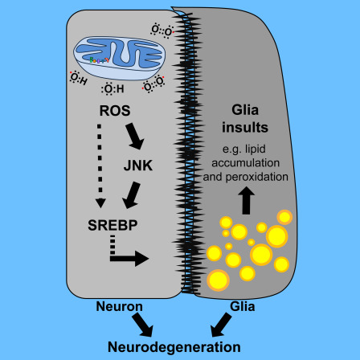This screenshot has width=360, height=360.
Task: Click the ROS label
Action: (x=115, y=111)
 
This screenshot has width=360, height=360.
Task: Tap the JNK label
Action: (x=138, y=166)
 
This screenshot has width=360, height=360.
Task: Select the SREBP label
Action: (x=112, y=225)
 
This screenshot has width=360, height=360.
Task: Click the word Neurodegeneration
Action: (x=174, y=347)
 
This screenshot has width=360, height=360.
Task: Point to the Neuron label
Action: (x=119, y=306)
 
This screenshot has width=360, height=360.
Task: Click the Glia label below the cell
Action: (x=243, y=306)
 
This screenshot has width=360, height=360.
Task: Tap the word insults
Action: (x=245, y=128)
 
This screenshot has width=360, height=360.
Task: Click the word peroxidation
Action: (x=257, y=178)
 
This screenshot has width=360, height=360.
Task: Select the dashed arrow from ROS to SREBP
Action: (x=100, y=166)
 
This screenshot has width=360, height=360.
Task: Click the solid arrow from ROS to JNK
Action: (x=135, y=136)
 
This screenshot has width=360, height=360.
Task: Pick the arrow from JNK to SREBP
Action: (x=131, y=195)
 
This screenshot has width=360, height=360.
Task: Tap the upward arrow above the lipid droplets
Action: (x=247, y=201)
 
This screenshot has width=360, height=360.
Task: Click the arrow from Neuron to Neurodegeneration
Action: (x=143, y=325)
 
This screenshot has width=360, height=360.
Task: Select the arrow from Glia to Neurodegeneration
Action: (x=221, y=325)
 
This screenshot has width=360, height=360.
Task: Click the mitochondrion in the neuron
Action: (x=120, y=58)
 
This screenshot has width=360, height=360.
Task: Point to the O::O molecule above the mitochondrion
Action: (x=162, y=31)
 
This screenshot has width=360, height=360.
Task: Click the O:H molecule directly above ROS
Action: (x=112, y=88)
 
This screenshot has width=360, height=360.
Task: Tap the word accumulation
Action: (x=246, y=163)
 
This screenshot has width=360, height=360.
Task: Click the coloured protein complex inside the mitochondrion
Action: (x=99, y=60)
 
